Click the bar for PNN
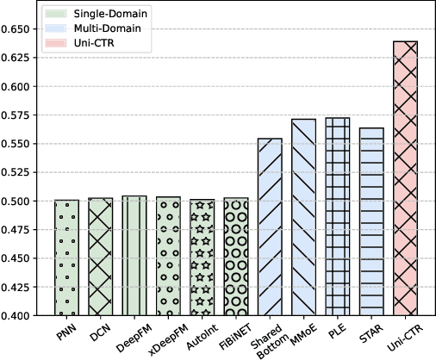[66, 258]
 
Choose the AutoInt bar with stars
[202, 258]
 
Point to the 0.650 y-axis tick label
[18, 29]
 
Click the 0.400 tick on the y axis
[18, 316]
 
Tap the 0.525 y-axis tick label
[18, 172]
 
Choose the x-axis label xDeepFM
[164, 337]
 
